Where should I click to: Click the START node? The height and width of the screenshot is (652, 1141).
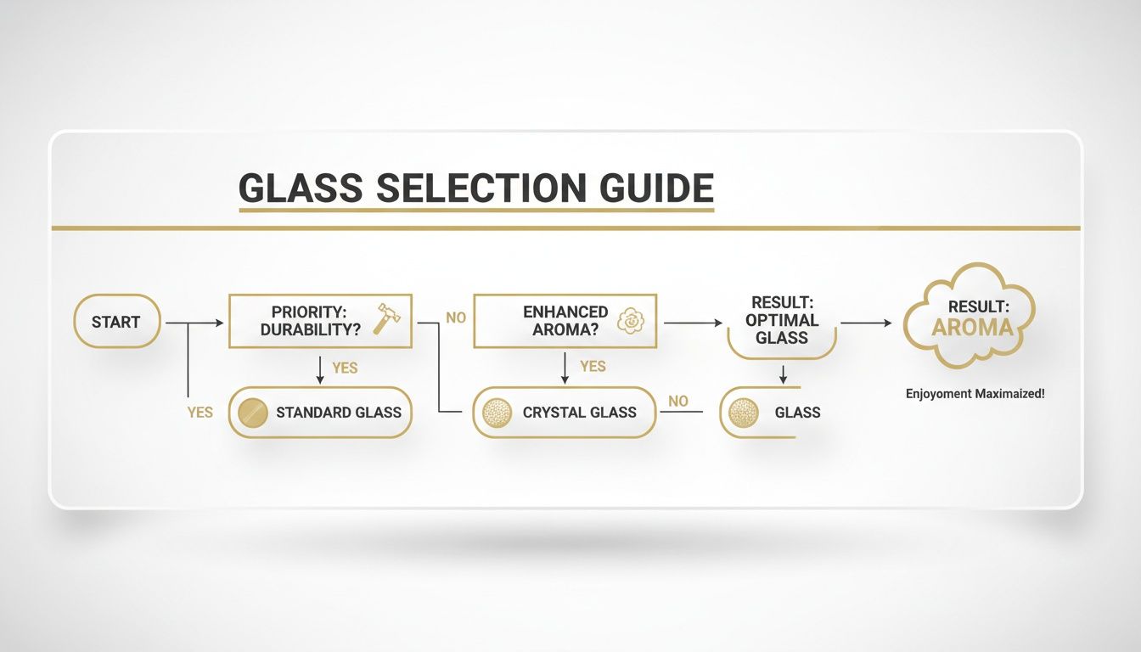116,322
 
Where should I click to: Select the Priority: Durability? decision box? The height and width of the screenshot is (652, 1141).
320,322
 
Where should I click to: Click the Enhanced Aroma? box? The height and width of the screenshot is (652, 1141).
565,322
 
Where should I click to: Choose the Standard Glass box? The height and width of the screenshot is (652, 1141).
320,413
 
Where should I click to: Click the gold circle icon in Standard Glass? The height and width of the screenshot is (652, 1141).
252,413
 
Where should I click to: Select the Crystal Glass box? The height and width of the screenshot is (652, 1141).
565,413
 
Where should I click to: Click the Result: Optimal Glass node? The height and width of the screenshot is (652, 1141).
784,322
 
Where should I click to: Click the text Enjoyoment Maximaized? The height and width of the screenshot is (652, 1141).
975,394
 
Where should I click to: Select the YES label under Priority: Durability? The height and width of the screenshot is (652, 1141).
345,368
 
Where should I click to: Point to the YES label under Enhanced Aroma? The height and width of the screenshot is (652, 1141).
593,366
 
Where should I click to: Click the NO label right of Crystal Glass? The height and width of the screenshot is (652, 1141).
677,401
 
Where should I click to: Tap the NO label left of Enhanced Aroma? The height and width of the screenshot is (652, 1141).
456,318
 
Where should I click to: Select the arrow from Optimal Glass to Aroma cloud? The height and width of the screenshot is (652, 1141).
866,323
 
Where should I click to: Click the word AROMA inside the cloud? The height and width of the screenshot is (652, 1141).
972,329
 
